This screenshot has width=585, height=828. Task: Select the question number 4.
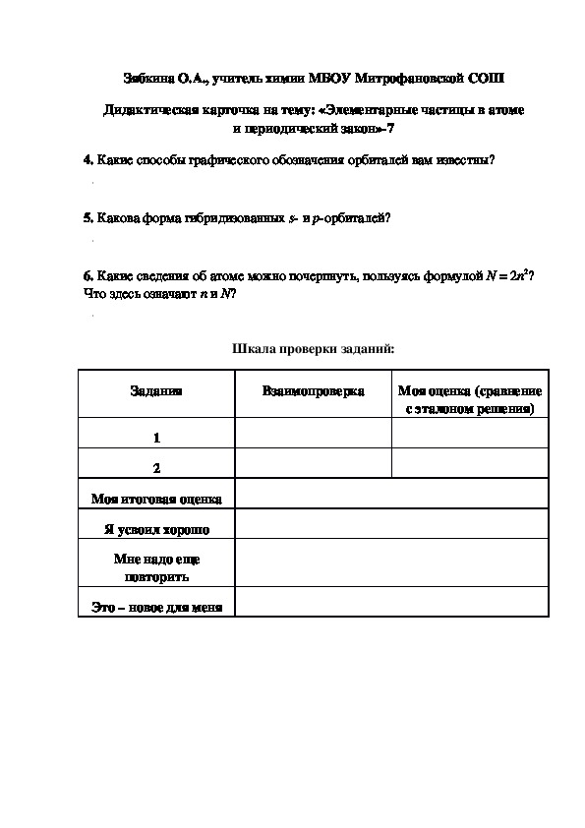(87, 161)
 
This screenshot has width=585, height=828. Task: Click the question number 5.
(87, 217)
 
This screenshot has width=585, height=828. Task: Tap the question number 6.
(87, 277)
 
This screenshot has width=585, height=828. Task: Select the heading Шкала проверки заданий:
(313, 347)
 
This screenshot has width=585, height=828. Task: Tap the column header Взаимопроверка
(313, 391)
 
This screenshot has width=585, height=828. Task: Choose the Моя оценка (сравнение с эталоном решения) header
(470, 399)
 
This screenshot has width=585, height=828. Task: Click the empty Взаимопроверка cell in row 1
(313, 434)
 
